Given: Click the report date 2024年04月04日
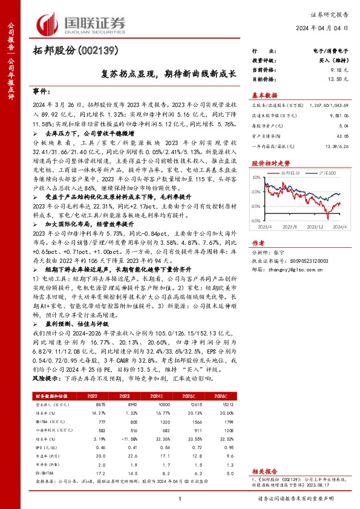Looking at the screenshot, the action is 327,28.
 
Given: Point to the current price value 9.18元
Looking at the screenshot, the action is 339,70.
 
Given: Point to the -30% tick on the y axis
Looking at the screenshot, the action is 255,222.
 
